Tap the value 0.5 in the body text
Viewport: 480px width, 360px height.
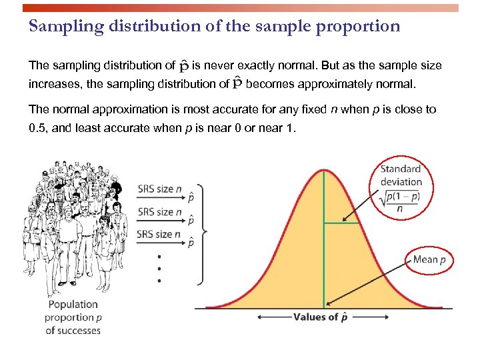click(x=37, y=127)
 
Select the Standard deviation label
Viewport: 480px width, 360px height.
click(x=401, y=175)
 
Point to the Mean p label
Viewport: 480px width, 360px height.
click(x=429, y=259)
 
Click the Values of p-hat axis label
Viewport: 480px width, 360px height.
click(x=321, y=317)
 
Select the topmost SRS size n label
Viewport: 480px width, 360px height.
click(x=159, y=189)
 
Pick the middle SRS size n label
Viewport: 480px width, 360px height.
click(x=159, y=212)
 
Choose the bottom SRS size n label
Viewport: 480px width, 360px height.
click(x=159, y=234)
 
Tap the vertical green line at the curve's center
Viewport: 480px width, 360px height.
click(x=324, y=267)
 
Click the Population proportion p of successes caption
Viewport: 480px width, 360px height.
click(x=73, y=317)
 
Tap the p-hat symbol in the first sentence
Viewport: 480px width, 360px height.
click(x=184, y=66)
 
